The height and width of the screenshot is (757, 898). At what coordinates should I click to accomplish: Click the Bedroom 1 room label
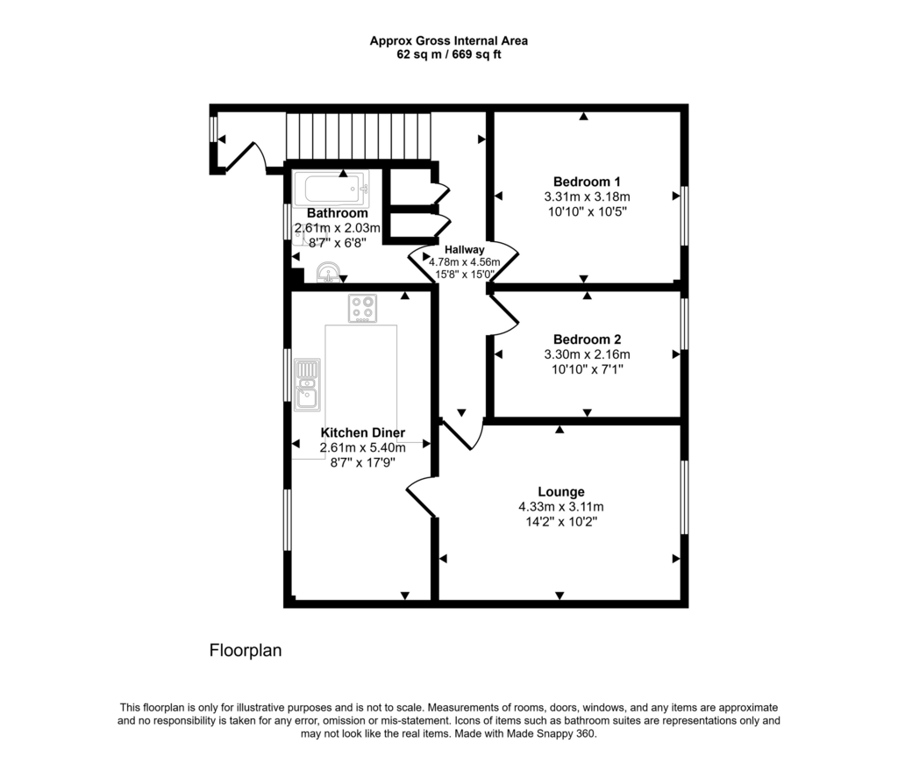[x=587, y=182]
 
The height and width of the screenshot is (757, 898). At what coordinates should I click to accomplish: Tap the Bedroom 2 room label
[x=587, y=339]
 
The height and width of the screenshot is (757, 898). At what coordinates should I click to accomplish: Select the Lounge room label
[x=561, y=492]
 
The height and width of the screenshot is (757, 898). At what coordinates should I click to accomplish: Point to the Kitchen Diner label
[x=362, y=432]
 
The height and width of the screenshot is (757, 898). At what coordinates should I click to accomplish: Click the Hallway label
[x=465, y=250]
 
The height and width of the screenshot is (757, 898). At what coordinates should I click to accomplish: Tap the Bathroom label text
[x=338, y=213]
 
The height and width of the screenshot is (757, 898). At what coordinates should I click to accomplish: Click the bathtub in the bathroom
[x=331, y=189]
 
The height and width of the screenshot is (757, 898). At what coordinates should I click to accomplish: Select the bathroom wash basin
[x=328, y=272]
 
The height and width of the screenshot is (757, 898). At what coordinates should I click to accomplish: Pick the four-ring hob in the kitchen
[x=362, y=308]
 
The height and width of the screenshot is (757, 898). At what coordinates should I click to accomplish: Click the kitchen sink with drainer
[x=307, y=384]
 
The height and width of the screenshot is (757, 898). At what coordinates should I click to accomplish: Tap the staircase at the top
[x=359, y=136]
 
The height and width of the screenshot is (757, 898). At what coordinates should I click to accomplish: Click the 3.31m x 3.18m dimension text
[x=587, y=196]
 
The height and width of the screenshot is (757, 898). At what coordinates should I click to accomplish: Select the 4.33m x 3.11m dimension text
[x=561, y=507]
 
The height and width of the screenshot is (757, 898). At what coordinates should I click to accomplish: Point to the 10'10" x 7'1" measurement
[x=587, y=369]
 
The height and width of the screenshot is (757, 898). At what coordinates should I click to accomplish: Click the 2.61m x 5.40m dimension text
[x=362, y=447]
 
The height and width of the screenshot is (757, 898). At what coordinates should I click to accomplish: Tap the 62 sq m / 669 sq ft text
[x=449, y=55]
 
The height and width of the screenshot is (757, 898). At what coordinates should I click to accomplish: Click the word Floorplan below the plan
[x=246, y=650]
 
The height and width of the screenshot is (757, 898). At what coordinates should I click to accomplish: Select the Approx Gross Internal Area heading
[x=449, y=40]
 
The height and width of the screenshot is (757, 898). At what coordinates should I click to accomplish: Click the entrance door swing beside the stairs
[x=246, y=156]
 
